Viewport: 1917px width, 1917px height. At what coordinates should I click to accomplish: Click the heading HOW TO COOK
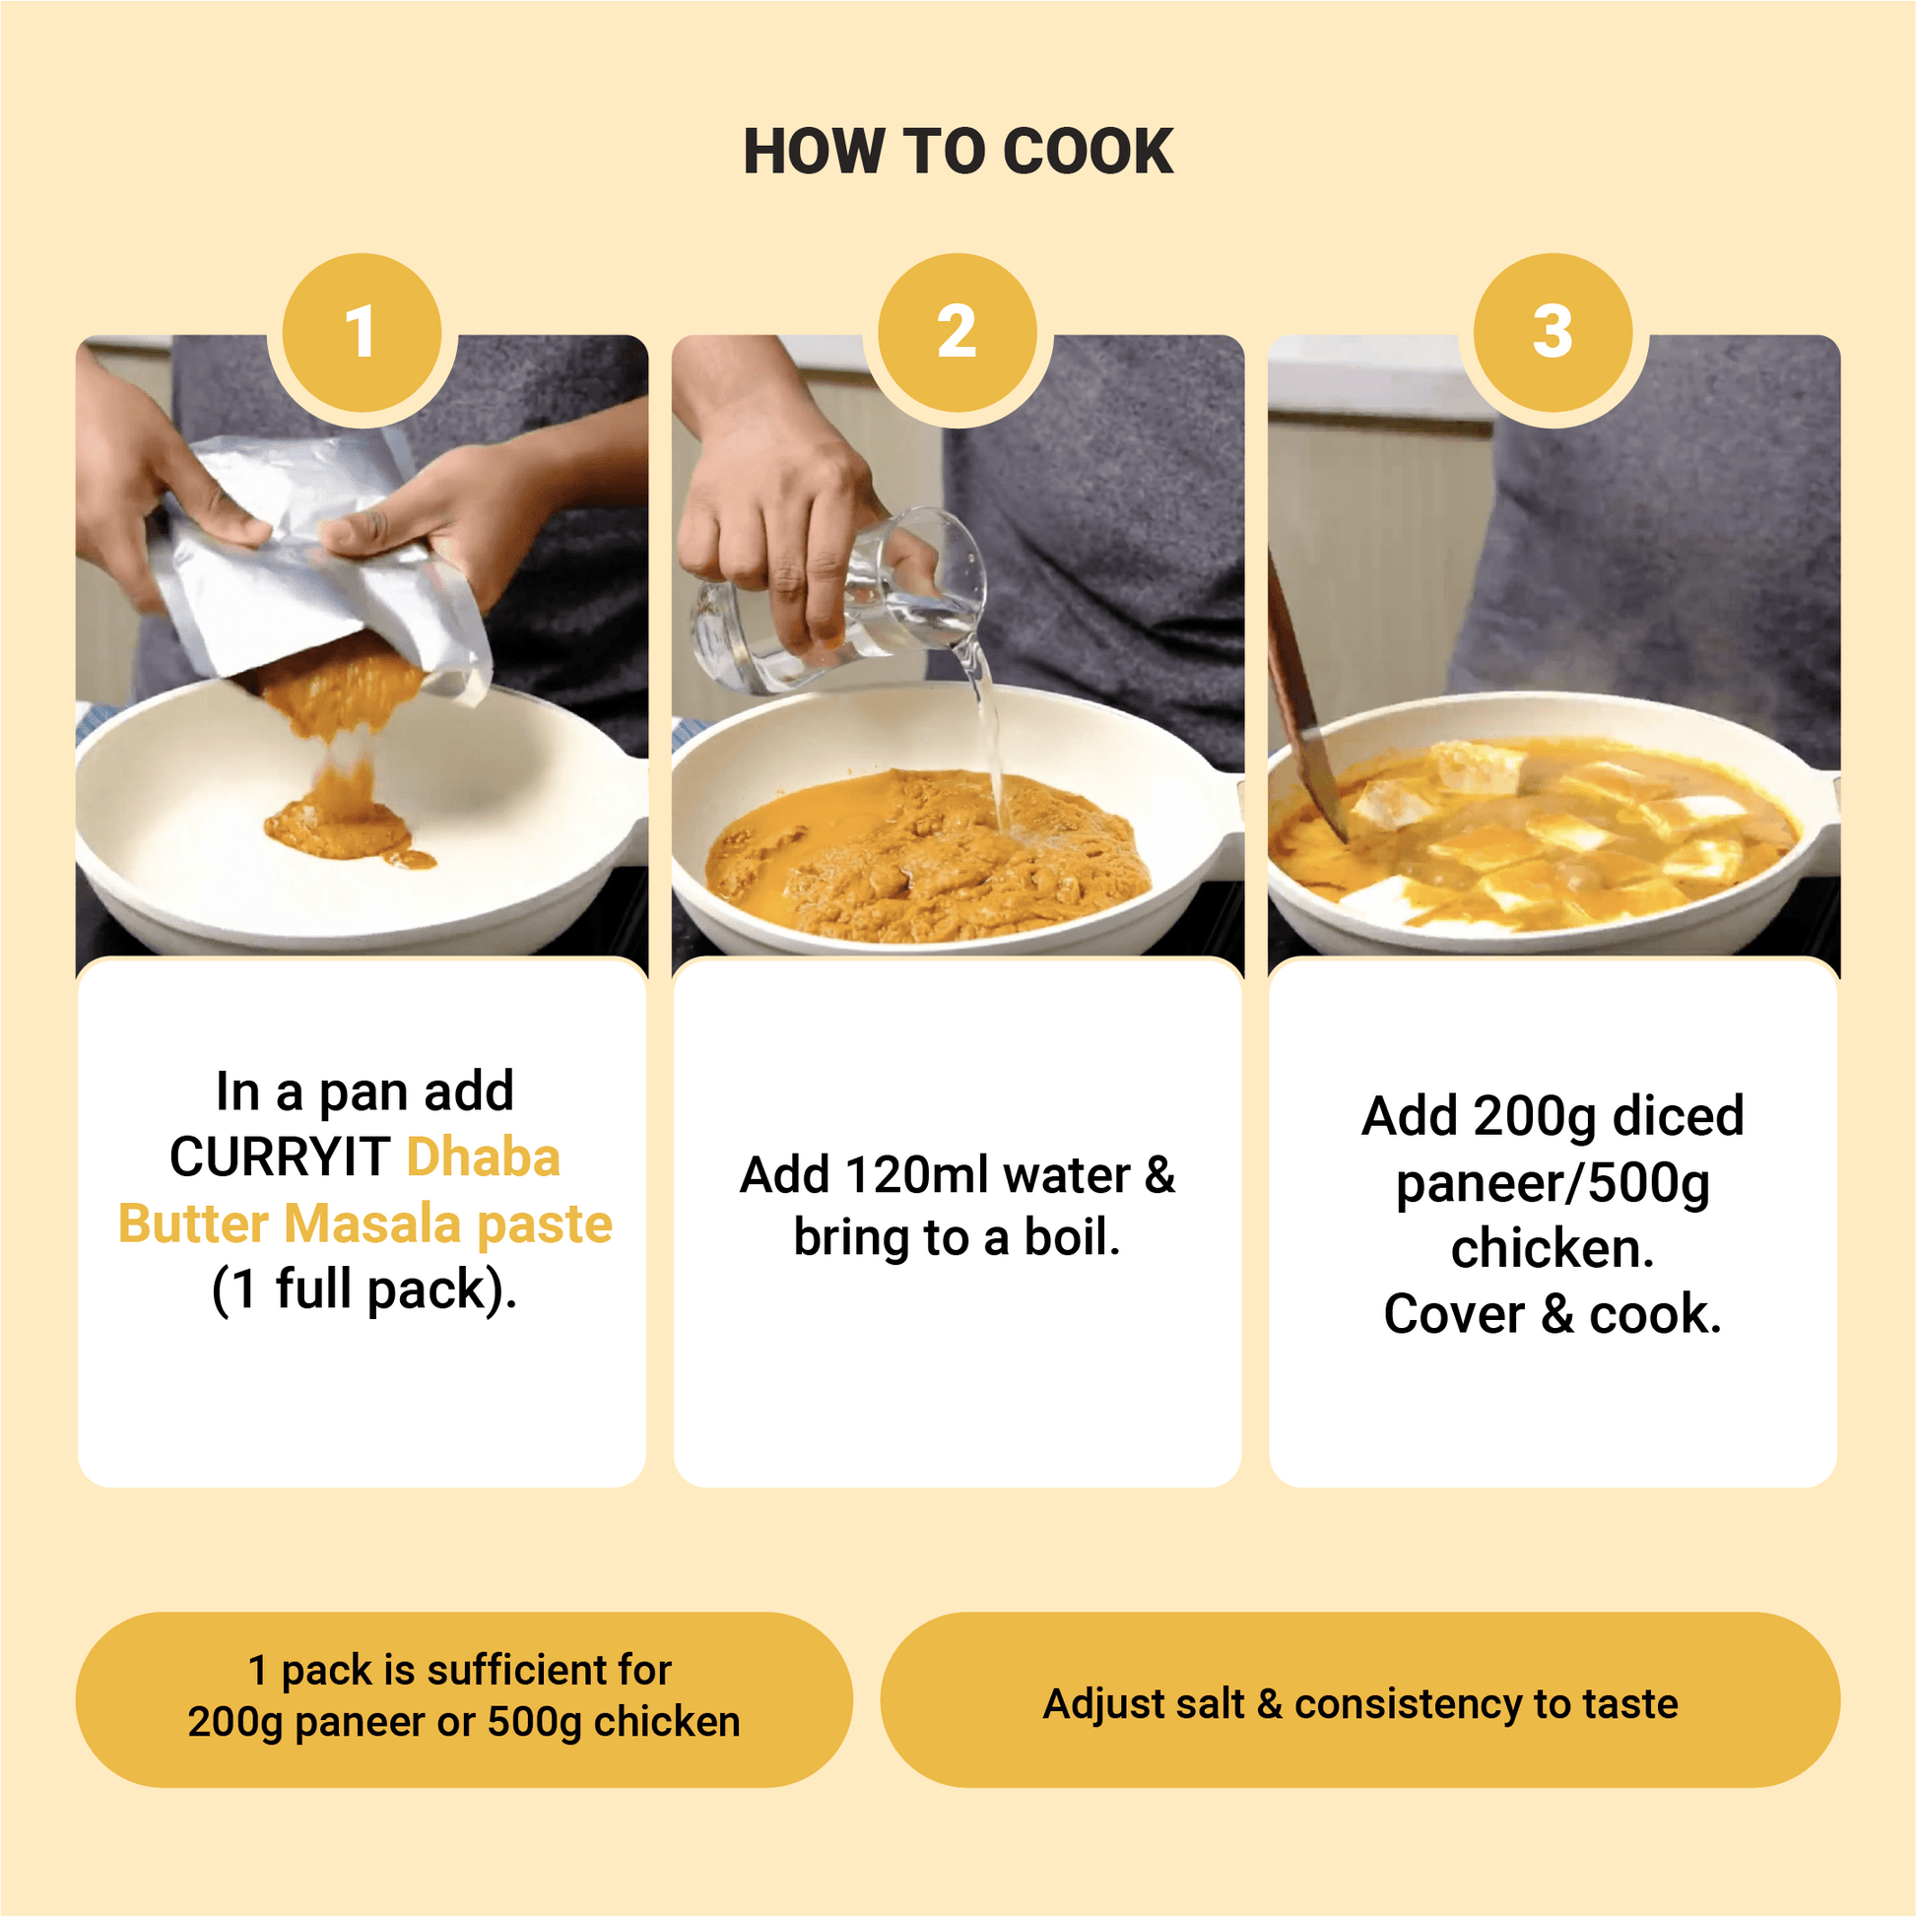pyautogui.click(x=958, y=152)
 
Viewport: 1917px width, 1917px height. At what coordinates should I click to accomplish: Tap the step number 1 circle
pyautogui.click(x=363, y=332)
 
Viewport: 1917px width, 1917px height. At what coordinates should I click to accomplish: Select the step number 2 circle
pyautogui.click(x=958, y=332)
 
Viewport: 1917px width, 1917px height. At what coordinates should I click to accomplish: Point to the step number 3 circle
pyautogui.click(x=1553, y=332)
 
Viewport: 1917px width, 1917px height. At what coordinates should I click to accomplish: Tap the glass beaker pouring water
pyautogui.click(x=843, y=605)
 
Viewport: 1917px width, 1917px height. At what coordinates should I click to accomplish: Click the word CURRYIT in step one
pyautogui.click(x=280, y=1157)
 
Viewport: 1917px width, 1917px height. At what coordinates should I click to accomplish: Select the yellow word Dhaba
pyautogui.click(x=484, y=1157)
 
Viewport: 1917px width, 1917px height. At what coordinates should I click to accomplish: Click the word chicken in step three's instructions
pyautogui.click(x=1553, y=1248)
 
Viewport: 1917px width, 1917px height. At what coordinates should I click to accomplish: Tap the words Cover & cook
pyautogui.click(x=1553, y=1315)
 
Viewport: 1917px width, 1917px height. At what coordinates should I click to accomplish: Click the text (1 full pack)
pyautogui.click(x=364, y=1289)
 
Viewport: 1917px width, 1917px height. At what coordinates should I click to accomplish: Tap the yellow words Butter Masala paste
pyautogui.click(x=365, y=1223)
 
